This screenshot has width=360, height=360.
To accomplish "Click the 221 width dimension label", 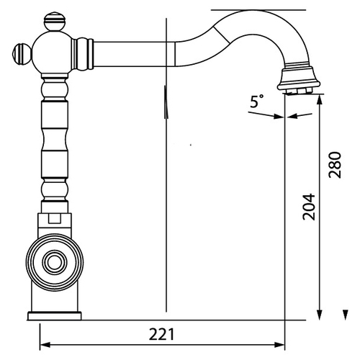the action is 161,334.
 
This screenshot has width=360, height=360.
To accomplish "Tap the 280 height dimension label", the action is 335,165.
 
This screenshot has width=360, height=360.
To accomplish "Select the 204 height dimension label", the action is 308,207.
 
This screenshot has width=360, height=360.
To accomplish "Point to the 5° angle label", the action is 257,102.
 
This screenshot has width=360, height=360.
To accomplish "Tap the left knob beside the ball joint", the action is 22,54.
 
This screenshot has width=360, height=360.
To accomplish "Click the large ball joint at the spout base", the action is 53,53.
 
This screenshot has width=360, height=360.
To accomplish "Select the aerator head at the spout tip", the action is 299,78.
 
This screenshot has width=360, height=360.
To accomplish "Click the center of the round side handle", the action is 55,263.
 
